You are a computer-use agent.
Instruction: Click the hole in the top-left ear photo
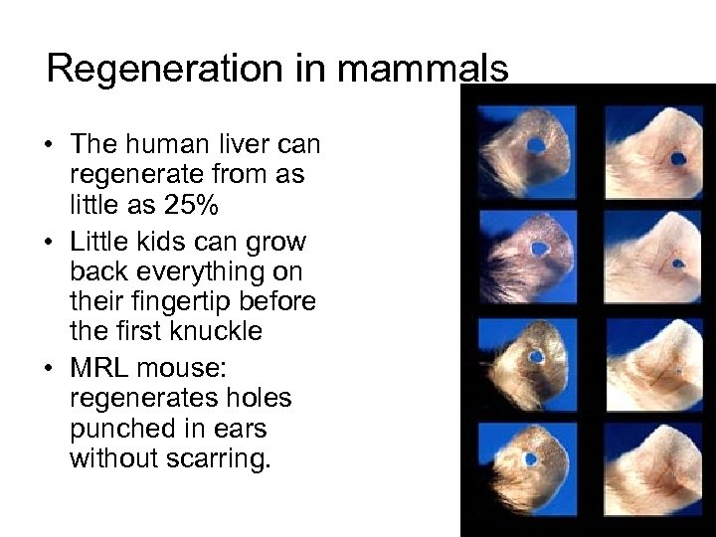coord(536,145)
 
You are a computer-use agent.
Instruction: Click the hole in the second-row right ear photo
coord(677,264)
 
